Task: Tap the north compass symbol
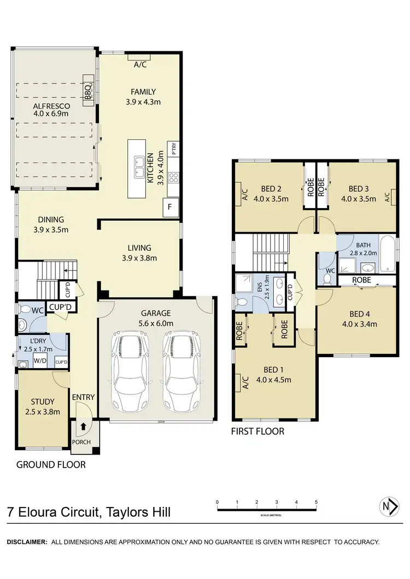point(389,506)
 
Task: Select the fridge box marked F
point(170,208)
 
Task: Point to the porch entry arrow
point(83,426)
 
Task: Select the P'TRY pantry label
point(173,149)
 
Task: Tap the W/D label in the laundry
point(40,361)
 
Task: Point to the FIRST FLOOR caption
point(258,431)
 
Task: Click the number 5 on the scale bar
point(316,502)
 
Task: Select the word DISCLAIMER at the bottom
point(27,542)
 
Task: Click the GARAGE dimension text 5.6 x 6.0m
point(156,323)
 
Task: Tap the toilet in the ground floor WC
point(24,309)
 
